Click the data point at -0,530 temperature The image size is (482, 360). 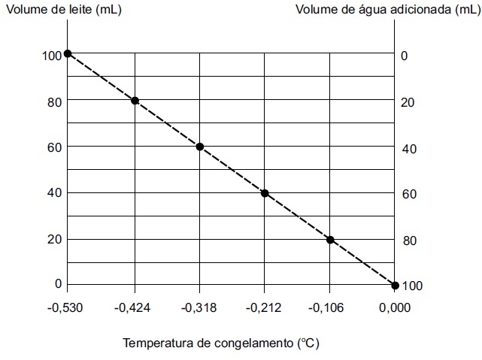click(x=68, y=53)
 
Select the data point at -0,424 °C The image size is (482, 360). click(x=135, y=101)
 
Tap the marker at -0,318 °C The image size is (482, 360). click(x=200, y=147)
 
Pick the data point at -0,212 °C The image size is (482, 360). click(x=265, y=193)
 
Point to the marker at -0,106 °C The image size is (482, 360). click(x=330, y=240)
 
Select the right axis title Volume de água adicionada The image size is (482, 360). click(x=387, y=10)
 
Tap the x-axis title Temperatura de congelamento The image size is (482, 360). click(x=221, y=343)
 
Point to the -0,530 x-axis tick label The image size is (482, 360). click(x=67, y=308)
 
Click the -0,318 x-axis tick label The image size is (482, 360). click(x=199, y=308)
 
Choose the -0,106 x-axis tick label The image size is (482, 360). click(x=329, y=308)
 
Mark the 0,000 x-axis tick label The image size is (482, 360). click(x=395, y=308)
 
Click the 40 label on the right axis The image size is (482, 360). click(x=410, y=149)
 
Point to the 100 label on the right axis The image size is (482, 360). click(x=413, y=286)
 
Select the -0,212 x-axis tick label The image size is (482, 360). click(x=265, y=308)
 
